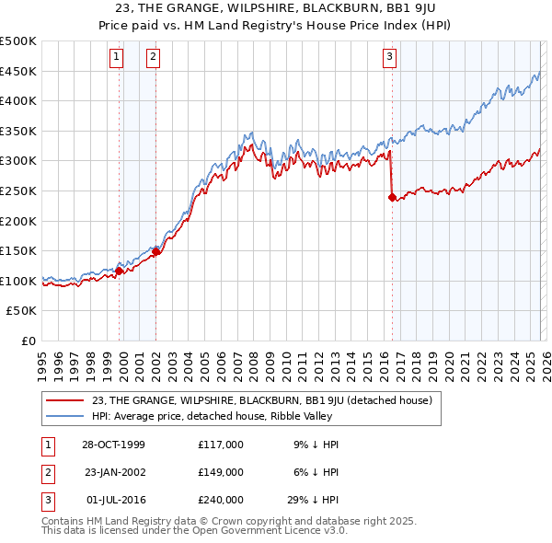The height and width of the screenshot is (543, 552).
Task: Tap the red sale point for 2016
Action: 392,197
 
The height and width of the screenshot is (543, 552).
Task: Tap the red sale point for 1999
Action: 120,271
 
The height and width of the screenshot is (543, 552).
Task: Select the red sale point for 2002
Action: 155,251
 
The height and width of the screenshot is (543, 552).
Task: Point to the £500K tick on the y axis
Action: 19,41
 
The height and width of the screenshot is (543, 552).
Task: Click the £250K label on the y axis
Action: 19,191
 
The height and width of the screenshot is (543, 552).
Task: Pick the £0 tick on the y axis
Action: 29,341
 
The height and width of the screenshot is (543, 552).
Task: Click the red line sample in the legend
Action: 64,400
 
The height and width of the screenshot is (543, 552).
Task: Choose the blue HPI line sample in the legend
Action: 64,416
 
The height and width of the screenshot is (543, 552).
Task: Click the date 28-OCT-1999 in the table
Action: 113,445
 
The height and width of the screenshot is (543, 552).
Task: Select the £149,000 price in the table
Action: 220,472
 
